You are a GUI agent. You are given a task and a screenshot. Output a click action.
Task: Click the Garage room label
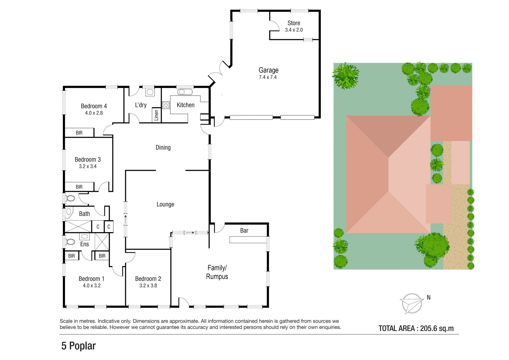pos(269,70)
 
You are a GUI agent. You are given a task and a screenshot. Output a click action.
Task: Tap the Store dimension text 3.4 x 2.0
pos(294,30)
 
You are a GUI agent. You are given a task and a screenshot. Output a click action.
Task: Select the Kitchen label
pos(186,105)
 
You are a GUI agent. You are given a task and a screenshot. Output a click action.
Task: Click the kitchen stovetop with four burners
pos(166,105)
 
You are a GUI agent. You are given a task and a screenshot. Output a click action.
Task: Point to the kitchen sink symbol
pos(185,92)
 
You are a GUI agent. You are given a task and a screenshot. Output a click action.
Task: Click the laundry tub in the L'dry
pos(150,92)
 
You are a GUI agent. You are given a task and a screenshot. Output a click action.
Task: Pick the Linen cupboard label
pos(156,115)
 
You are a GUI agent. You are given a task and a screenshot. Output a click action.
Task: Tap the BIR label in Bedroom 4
pos(79,133)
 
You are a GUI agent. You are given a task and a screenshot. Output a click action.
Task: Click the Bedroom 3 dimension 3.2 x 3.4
pos(88,166)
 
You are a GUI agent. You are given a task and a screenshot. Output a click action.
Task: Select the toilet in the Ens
pos(70,242)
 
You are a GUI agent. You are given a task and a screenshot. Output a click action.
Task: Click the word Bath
pos(85,214)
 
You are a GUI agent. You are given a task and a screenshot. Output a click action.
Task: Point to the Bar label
pos(244,231)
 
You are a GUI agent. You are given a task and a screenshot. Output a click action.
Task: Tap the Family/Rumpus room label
pos(217,272)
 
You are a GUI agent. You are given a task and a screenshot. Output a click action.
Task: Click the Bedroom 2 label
pos(148,279)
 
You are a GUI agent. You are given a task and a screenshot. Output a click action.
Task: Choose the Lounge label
pos(165,204)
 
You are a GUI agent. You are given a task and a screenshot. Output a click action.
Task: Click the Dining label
pos(163,148)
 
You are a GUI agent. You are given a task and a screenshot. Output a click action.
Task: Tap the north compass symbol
pos(412,303)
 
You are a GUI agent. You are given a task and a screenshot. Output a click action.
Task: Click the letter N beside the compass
pos(429,298)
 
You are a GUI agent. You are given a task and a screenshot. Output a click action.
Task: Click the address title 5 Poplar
pos(78,346)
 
